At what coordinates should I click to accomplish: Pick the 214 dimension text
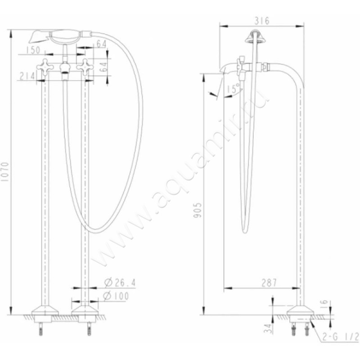coord(28,76)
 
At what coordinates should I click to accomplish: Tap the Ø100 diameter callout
coord(116,296)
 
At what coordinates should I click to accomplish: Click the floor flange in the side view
coord(301,311)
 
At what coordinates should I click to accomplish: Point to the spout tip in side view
coord(224,70)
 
